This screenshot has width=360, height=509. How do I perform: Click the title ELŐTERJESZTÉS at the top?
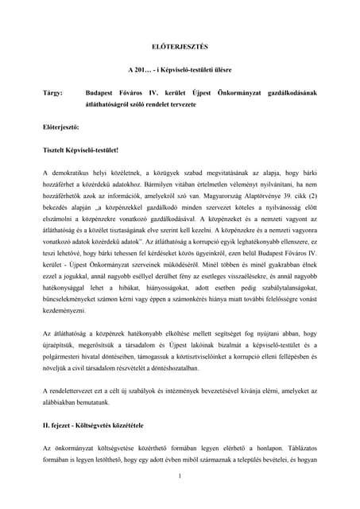pos(180,47)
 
